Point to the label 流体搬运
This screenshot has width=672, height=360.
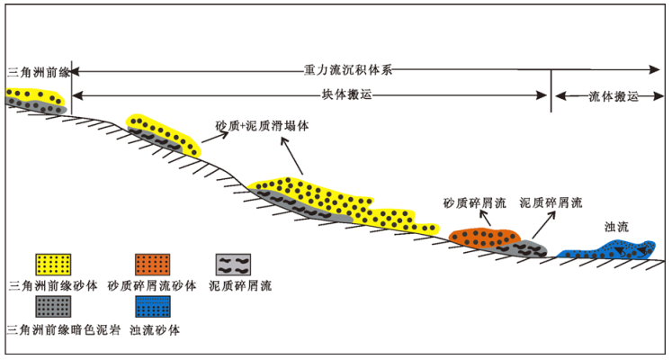pyautogui.click(x=613, y=95)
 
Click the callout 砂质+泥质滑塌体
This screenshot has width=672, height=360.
pyautogui.click(x=262, y=126)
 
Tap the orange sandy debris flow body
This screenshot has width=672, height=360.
pyautogui.click(x=484, y=238)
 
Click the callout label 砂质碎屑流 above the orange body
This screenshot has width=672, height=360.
pyautogui.click(x=475, y=203)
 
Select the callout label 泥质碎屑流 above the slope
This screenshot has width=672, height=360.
pyautogui.click(x=551, y=203)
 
